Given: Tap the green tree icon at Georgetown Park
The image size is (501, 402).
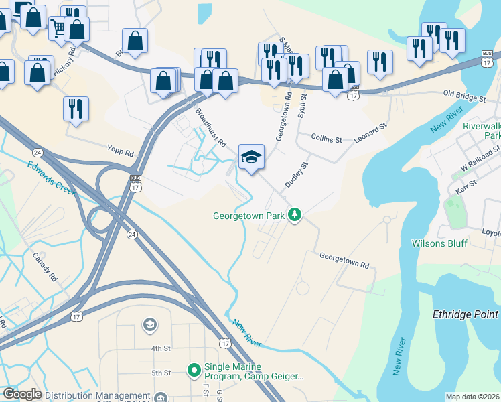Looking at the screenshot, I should click(x=294, y=215).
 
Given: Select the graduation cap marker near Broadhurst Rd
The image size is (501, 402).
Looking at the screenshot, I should click(x=251, y=157).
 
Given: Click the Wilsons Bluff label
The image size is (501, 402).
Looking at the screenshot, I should click(x=439, y=243).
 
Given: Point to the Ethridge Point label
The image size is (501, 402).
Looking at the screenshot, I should click(x=466, y=314).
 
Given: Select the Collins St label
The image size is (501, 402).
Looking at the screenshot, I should click(x=327, y=139).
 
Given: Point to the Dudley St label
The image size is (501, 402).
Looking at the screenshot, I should click(x=296, y=174).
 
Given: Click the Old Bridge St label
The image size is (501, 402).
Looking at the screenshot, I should click(x=463, y=98).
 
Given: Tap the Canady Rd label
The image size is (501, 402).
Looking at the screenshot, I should click(x=45, y=267).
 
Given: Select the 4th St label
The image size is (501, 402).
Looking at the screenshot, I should click(x=161, y=348).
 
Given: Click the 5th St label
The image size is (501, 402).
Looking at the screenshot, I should click(x=161, y=373).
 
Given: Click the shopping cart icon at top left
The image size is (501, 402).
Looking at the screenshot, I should click(x=59, y=28).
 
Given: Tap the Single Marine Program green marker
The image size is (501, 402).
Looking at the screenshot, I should click(x=194, y=369).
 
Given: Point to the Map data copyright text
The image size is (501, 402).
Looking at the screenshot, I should click(x=472, y=397).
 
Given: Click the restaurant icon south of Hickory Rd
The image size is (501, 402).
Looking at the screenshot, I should click(x=75, y=108).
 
